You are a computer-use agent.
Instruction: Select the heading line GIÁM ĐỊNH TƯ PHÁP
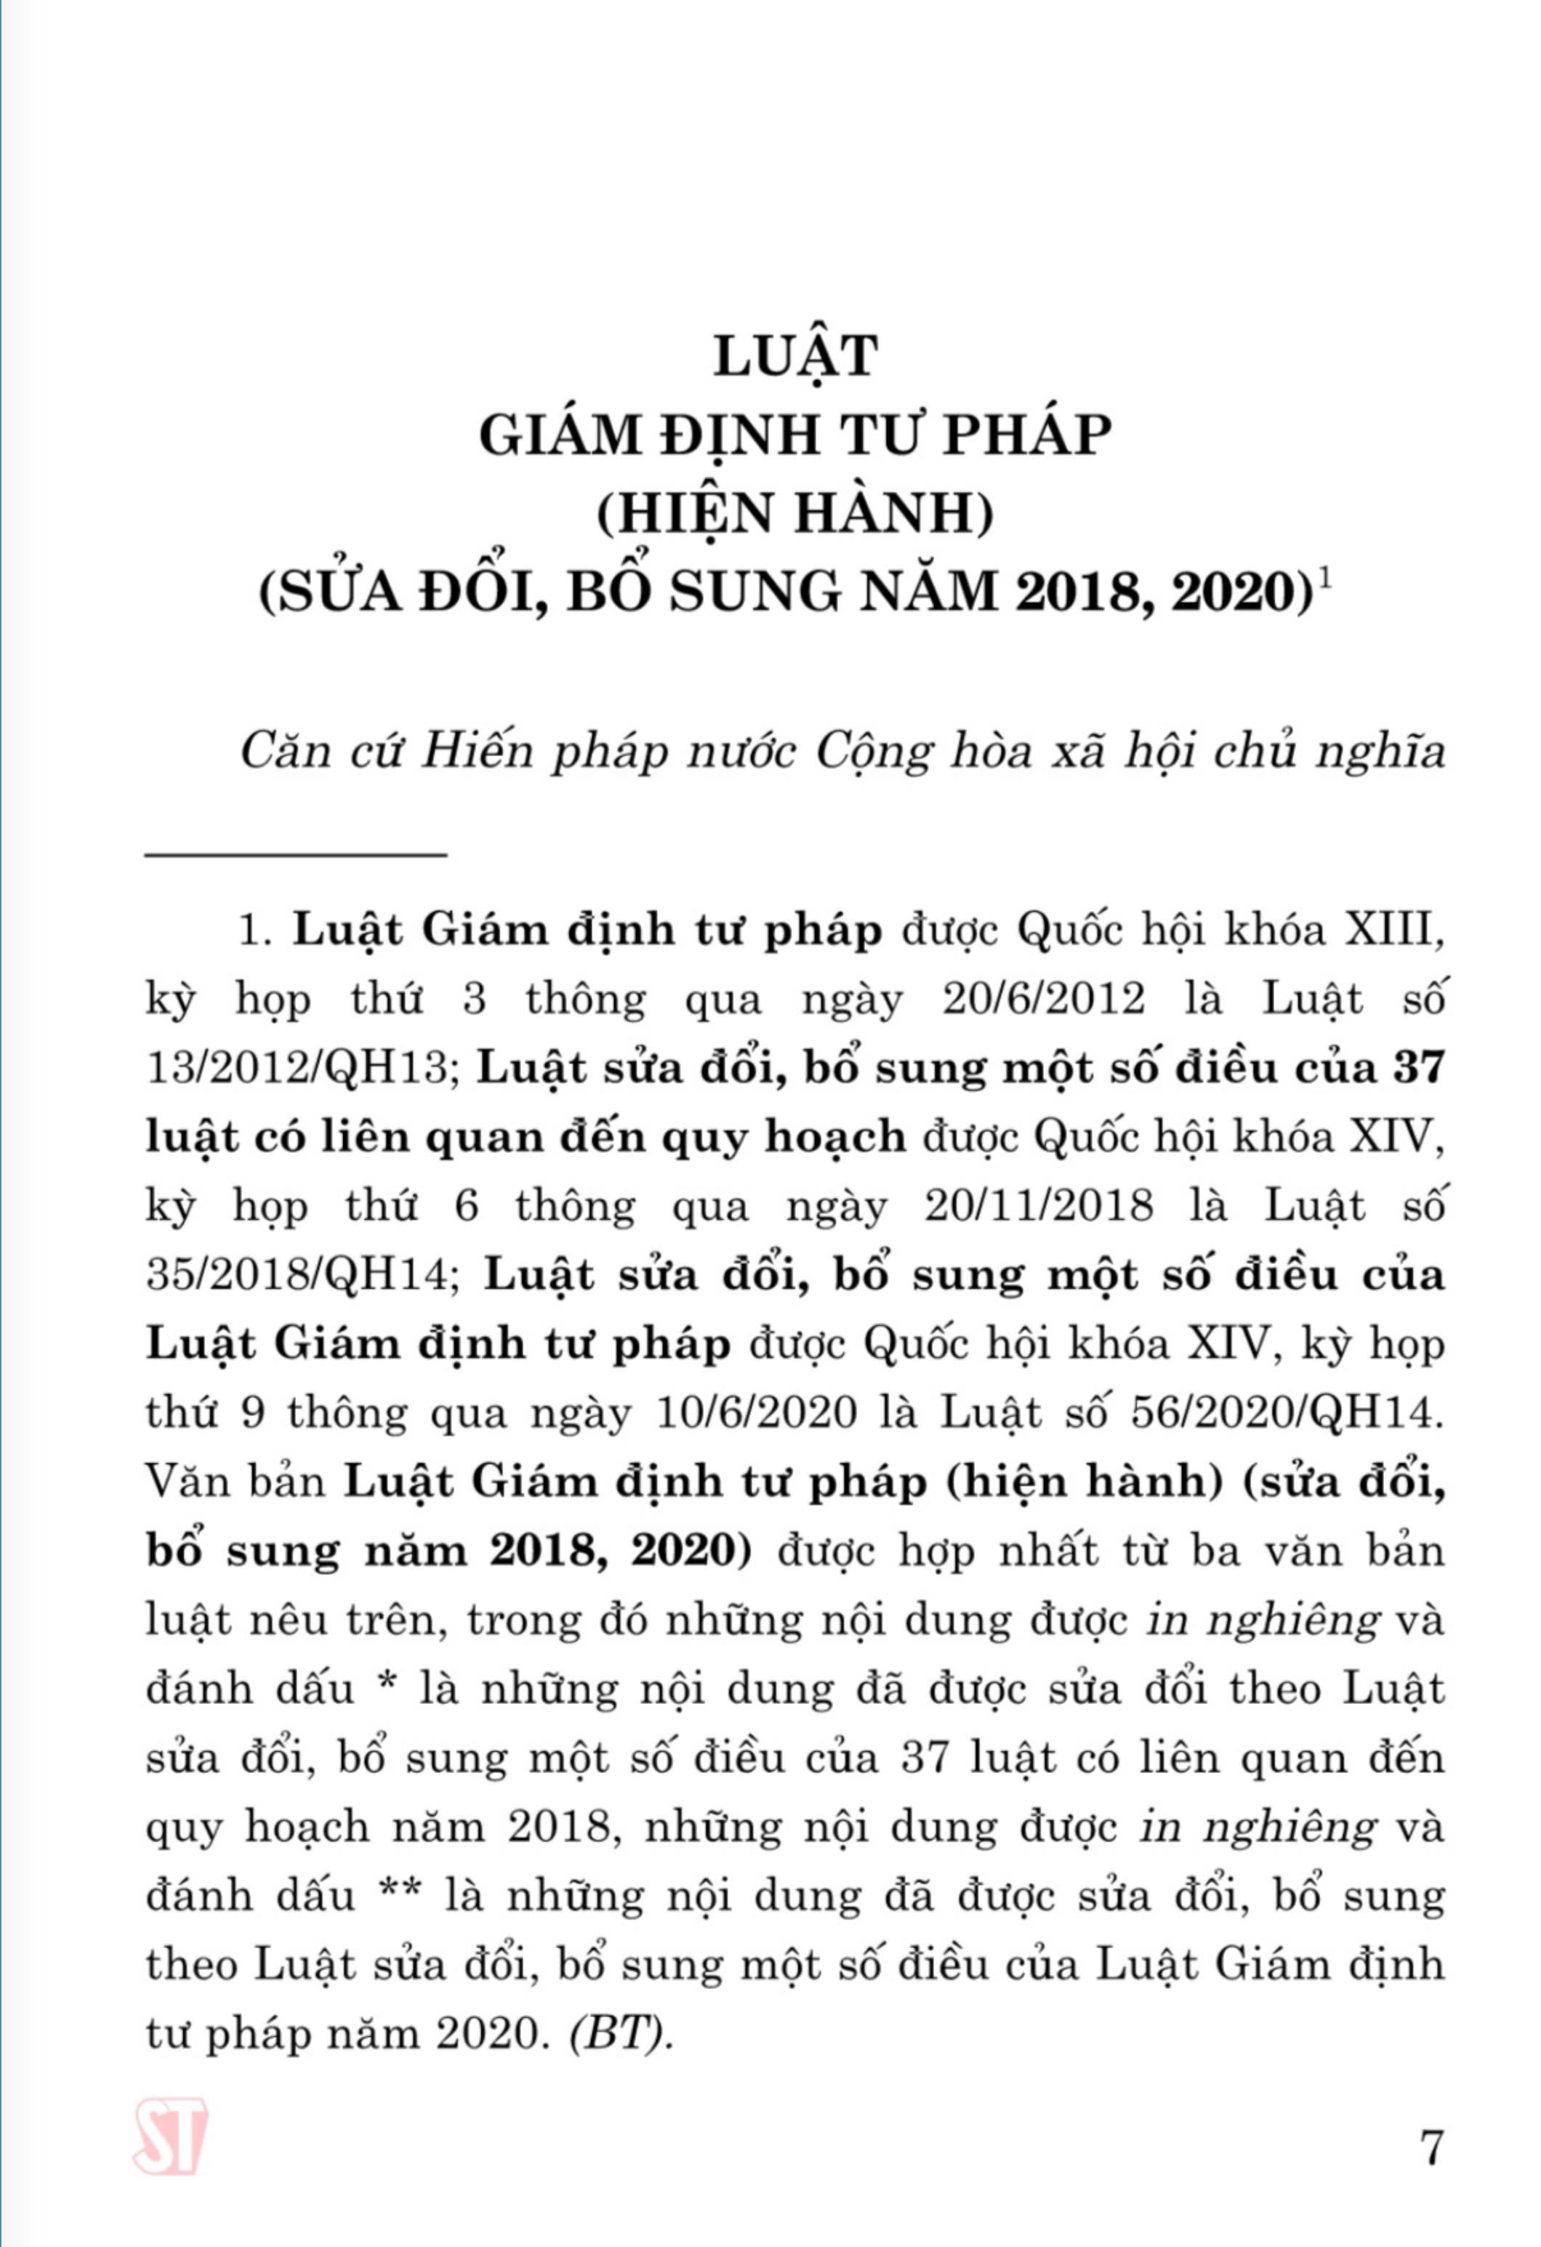[x=794, y=435]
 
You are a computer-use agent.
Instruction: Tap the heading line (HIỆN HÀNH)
[x=794, y=513]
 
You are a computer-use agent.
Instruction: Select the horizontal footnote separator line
[x=296, y=853]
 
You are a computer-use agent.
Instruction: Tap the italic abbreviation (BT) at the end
[x=620, y=2034]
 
